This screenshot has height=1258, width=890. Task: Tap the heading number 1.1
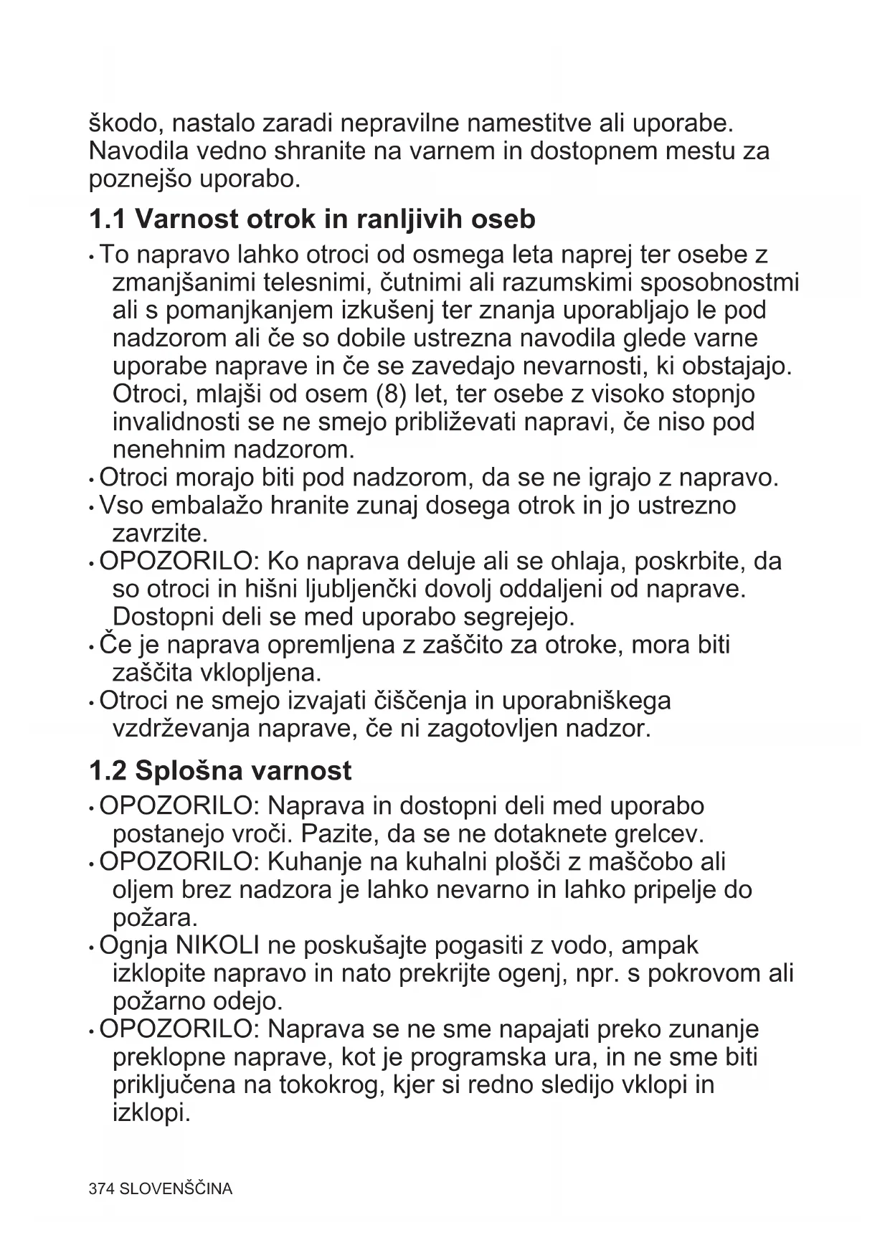[108, 219]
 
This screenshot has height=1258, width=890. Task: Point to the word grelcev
[659, 835]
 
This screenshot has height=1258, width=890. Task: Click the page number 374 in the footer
[102, 1189]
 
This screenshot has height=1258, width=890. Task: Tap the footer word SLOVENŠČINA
[176, 1189]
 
